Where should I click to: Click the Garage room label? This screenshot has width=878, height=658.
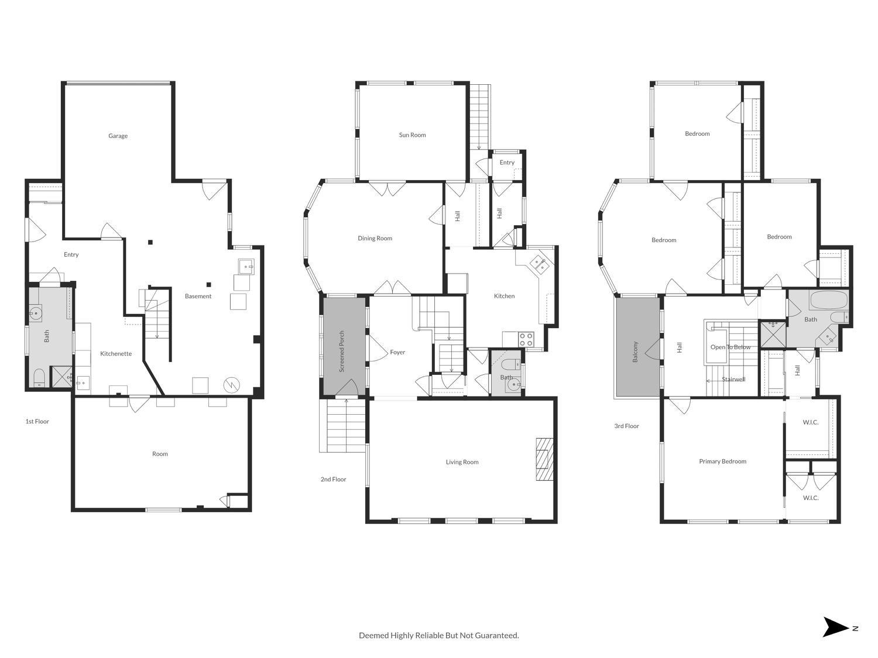point(118,136)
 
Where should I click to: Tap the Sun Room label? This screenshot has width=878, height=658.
point(412,135)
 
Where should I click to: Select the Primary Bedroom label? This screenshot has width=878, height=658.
point(722,461)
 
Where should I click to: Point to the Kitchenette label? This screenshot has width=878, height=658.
point(116,354)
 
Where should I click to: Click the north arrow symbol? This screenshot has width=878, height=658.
point(835,627)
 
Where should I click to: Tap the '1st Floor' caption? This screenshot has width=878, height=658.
point(37,421)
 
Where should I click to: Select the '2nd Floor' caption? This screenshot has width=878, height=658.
point(333,480)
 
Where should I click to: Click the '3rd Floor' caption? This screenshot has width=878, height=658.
point(626,426)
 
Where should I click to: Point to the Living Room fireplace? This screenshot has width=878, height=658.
point(544,459)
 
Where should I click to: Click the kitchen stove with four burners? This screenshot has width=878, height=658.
point(526,339)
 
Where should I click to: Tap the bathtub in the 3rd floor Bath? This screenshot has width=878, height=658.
point(828,301)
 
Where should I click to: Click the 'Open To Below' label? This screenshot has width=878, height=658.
point(730,347)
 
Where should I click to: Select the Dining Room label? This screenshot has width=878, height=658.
point(375,239)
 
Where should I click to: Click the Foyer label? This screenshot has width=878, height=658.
point(397,353)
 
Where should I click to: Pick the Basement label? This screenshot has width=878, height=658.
point(198,297)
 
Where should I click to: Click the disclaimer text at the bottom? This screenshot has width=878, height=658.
point(438,635)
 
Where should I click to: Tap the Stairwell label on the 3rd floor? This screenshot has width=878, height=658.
point(733,380)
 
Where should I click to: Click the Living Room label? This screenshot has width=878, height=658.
point(462,462)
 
